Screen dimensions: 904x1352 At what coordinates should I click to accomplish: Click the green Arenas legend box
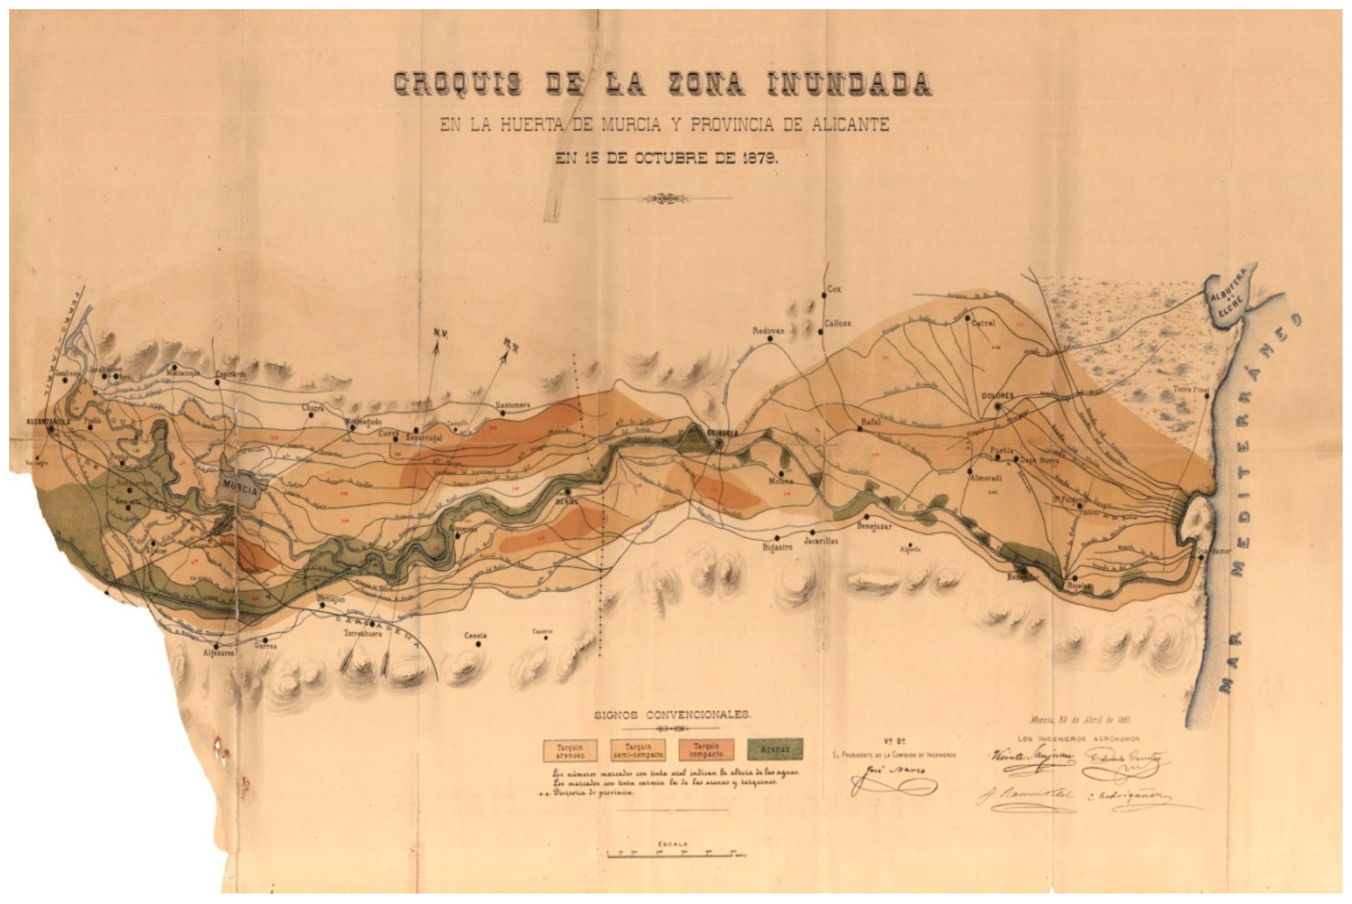coord(775,749)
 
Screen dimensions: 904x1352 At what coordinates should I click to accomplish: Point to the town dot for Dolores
coord(998,406)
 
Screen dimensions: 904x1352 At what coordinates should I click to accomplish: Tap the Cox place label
coord(834,289)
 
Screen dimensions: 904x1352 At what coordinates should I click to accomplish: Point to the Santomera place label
coord(512,405)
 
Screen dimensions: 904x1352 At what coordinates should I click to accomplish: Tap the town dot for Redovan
coord(770,339)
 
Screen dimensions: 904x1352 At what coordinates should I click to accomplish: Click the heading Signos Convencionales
coord(671,715)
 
